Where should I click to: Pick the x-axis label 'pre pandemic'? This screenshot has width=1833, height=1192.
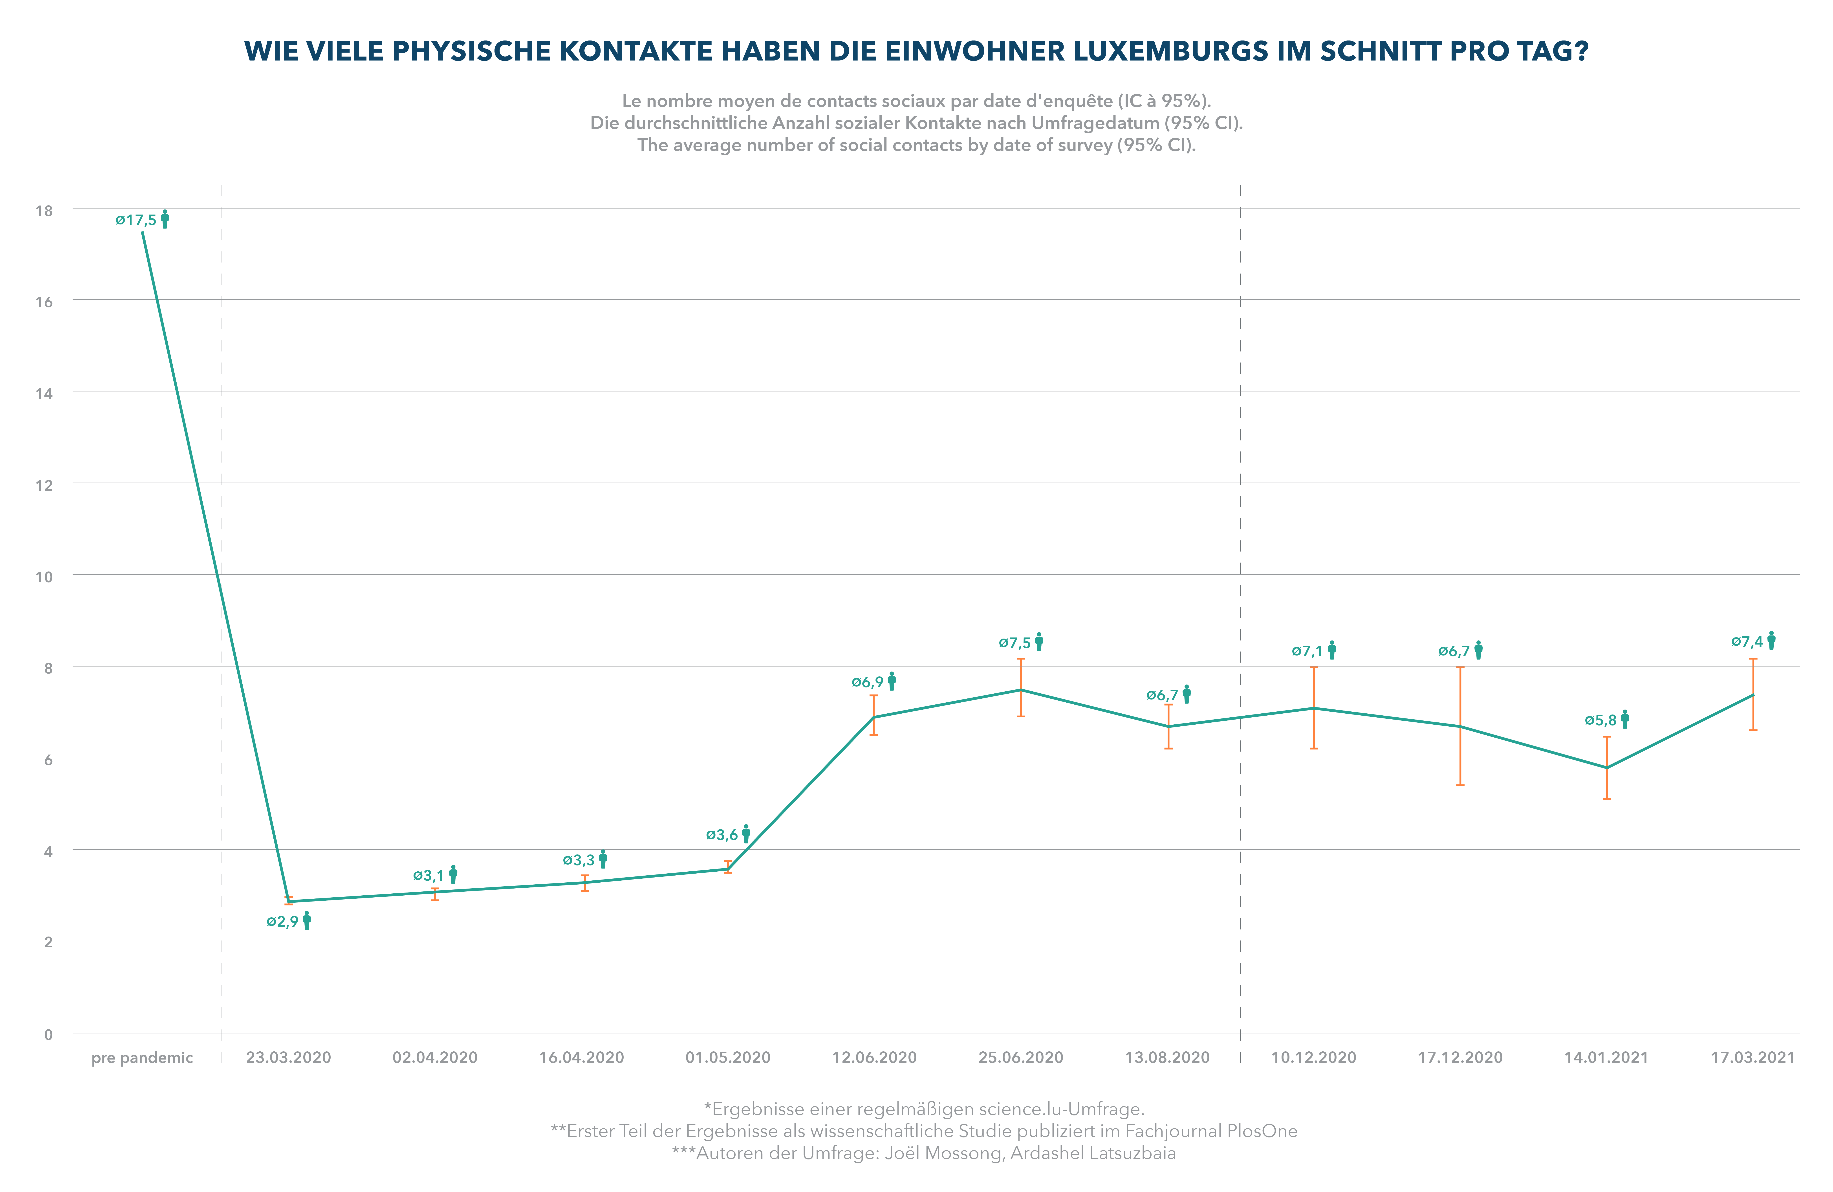[x=143, y=1058]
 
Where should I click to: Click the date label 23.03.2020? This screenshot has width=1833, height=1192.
[x=289, y=1058]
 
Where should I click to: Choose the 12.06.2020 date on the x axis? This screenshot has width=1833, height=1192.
[x=874, y=1058]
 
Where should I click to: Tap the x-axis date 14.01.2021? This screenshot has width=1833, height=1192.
[x=1606, y=1058]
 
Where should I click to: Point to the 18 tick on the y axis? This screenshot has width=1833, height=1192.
[x=44, y=210]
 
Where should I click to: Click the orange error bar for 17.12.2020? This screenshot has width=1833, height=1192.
[x=1460, y=726]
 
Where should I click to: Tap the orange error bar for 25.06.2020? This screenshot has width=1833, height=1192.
[x=1021, y=687]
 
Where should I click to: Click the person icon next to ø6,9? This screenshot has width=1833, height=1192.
[x=892, y=681]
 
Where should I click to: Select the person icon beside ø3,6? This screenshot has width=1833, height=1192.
[x=746, y=834]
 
